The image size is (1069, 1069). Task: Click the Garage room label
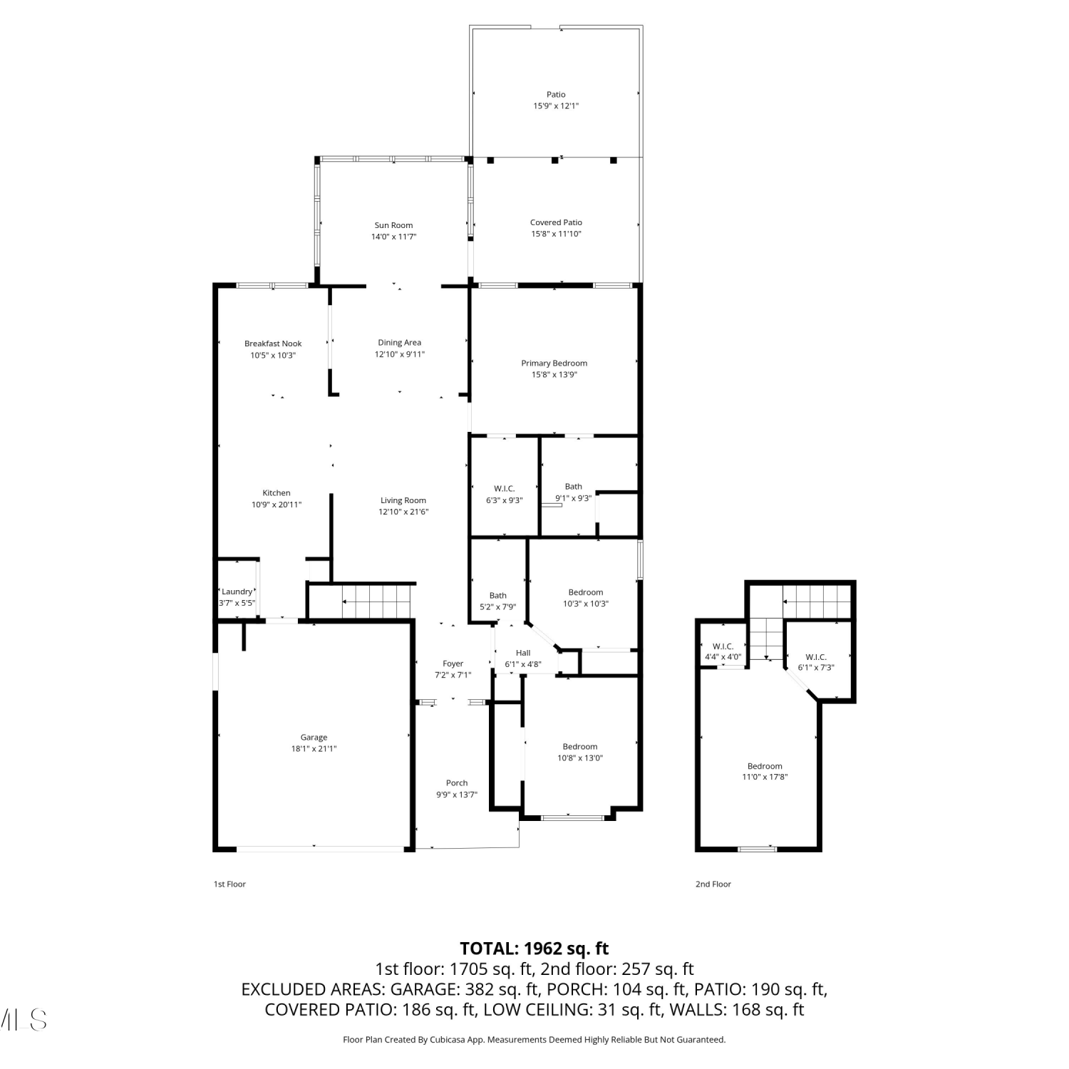[314, 738]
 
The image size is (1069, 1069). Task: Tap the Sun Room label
[393, 225]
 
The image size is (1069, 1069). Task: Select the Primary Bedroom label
[554, 363]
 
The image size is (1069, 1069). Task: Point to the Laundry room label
[237, 592]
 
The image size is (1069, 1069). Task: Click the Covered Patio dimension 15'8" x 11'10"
[556, 234]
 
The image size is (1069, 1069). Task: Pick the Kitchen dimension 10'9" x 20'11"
[277, 505]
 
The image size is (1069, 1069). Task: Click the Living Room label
[403, 500]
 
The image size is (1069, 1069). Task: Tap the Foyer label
[453, 663]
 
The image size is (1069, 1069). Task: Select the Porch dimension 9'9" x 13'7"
[457, 795]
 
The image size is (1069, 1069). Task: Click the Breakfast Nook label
[273, 344]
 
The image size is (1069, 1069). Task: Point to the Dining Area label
[400, 343]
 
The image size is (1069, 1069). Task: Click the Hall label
[523, 653]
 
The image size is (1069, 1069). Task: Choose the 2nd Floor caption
[713, 884]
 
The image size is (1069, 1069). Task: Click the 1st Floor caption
[229, 884]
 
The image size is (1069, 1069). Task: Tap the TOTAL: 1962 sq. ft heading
[534, 949]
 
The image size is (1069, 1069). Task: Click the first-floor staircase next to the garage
[378, 601]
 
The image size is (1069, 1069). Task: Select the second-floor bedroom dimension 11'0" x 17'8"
[765, 778]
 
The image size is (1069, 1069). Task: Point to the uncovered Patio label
[556, 94]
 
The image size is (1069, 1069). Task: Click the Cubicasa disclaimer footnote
[534, 1040]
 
